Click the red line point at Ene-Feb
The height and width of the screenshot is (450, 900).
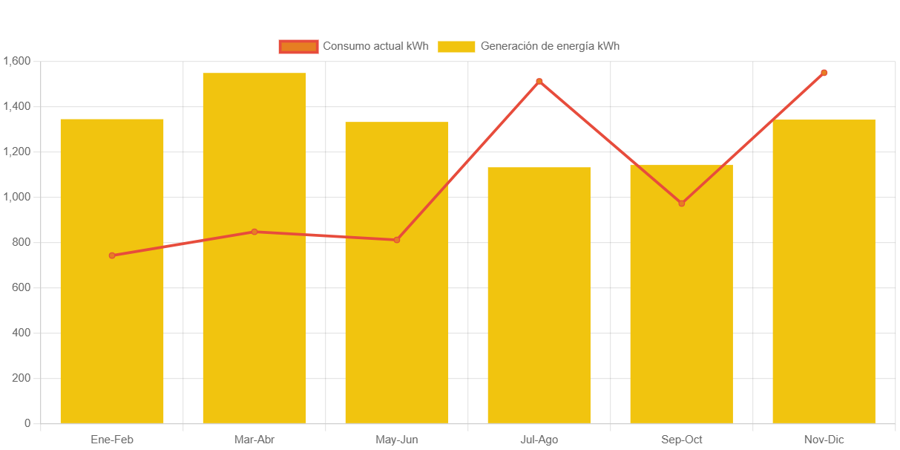pos(112,255)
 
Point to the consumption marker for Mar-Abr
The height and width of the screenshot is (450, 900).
pos(254,232)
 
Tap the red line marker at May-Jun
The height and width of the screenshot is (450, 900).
pos(397,240)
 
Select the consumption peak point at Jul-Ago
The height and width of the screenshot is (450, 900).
pos(539,81)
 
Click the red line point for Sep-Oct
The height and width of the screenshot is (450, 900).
pos(682,203)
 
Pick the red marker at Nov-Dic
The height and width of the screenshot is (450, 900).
pos(824,73)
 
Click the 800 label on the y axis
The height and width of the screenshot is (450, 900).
pos(21,242)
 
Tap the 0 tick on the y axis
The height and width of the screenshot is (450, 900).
pos(27,423)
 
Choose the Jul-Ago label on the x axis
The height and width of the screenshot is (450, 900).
pos(539,440)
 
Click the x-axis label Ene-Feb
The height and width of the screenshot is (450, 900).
pos(112,440)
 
